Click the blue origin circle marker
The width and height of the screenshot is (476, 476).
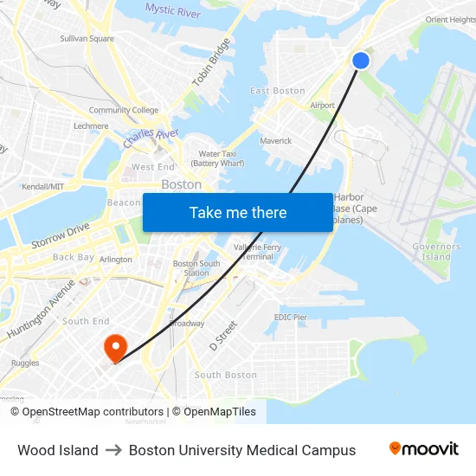click(361, 60)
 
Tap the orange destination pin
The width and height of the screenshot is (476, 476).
click(115, 347)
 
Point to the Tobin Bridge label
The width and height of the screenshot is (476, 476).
click(212, 61)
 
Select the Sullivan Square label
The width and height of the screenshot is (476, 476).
click(87, 39)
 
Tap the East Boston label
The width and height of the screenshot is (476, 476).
click(278, 91)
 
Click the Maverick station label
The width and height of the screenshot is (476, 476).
click(276, 140)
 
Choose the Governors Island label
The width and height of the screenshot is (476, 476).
click(436, 252)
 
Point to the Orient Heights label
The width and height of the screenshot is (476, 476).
click(450, 20)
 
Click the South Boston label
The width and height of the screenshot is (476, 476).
click(225, 375)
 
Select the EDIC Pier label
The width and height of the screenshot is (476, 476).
click(291, 318)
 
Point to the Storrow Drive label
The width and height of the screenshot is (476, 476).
click(61, 235)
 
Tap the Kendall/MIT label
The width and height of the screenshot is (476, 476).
click(43, 186)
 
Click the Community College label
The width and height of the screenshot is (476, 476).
click(124, 110)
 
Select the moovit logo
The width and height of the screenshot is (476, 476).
click(423, 449)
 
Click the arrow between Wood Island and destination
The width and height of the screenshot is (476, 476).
click(113, 450)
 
